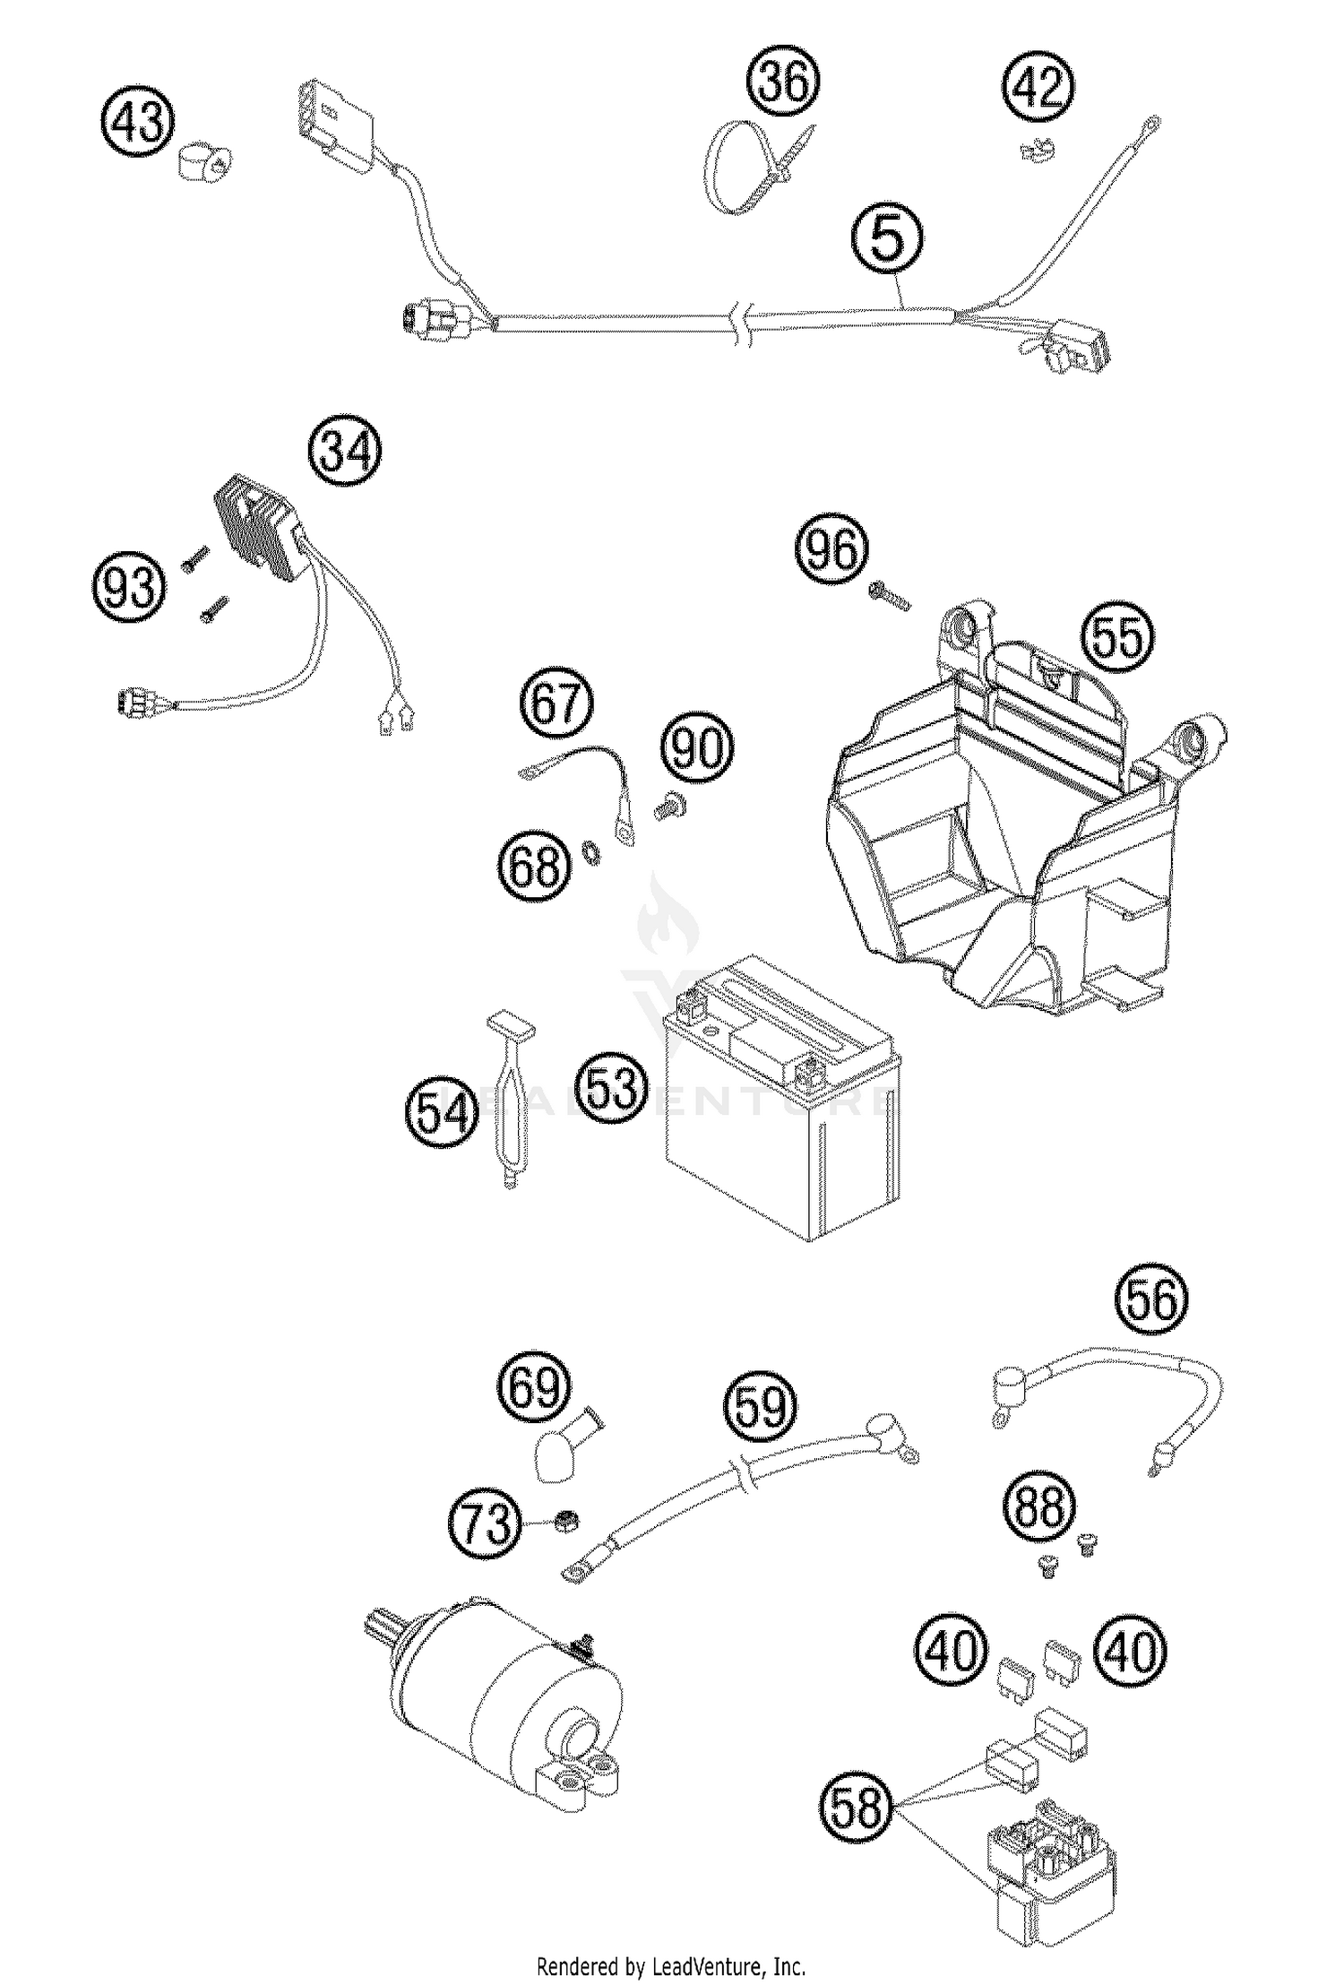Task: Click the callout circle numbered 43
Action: (x=138, y=121)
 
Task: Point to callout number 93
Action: (x=130, y=589)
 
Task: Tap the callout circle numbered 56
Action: (x=1150, y=1299)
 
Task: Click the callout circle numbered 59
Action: (x=762, y=1407)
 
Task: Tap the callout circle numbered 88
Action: (x=1039, y=1506)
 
